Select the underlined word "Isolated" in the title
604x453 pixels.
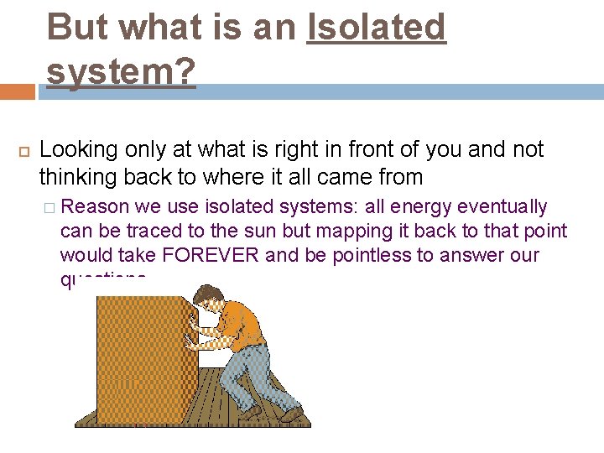pos(377,27)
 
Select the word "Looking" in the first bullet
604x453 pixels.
pos(79,150)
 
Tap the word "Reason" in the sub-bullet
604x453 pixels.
pos(102,207)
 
